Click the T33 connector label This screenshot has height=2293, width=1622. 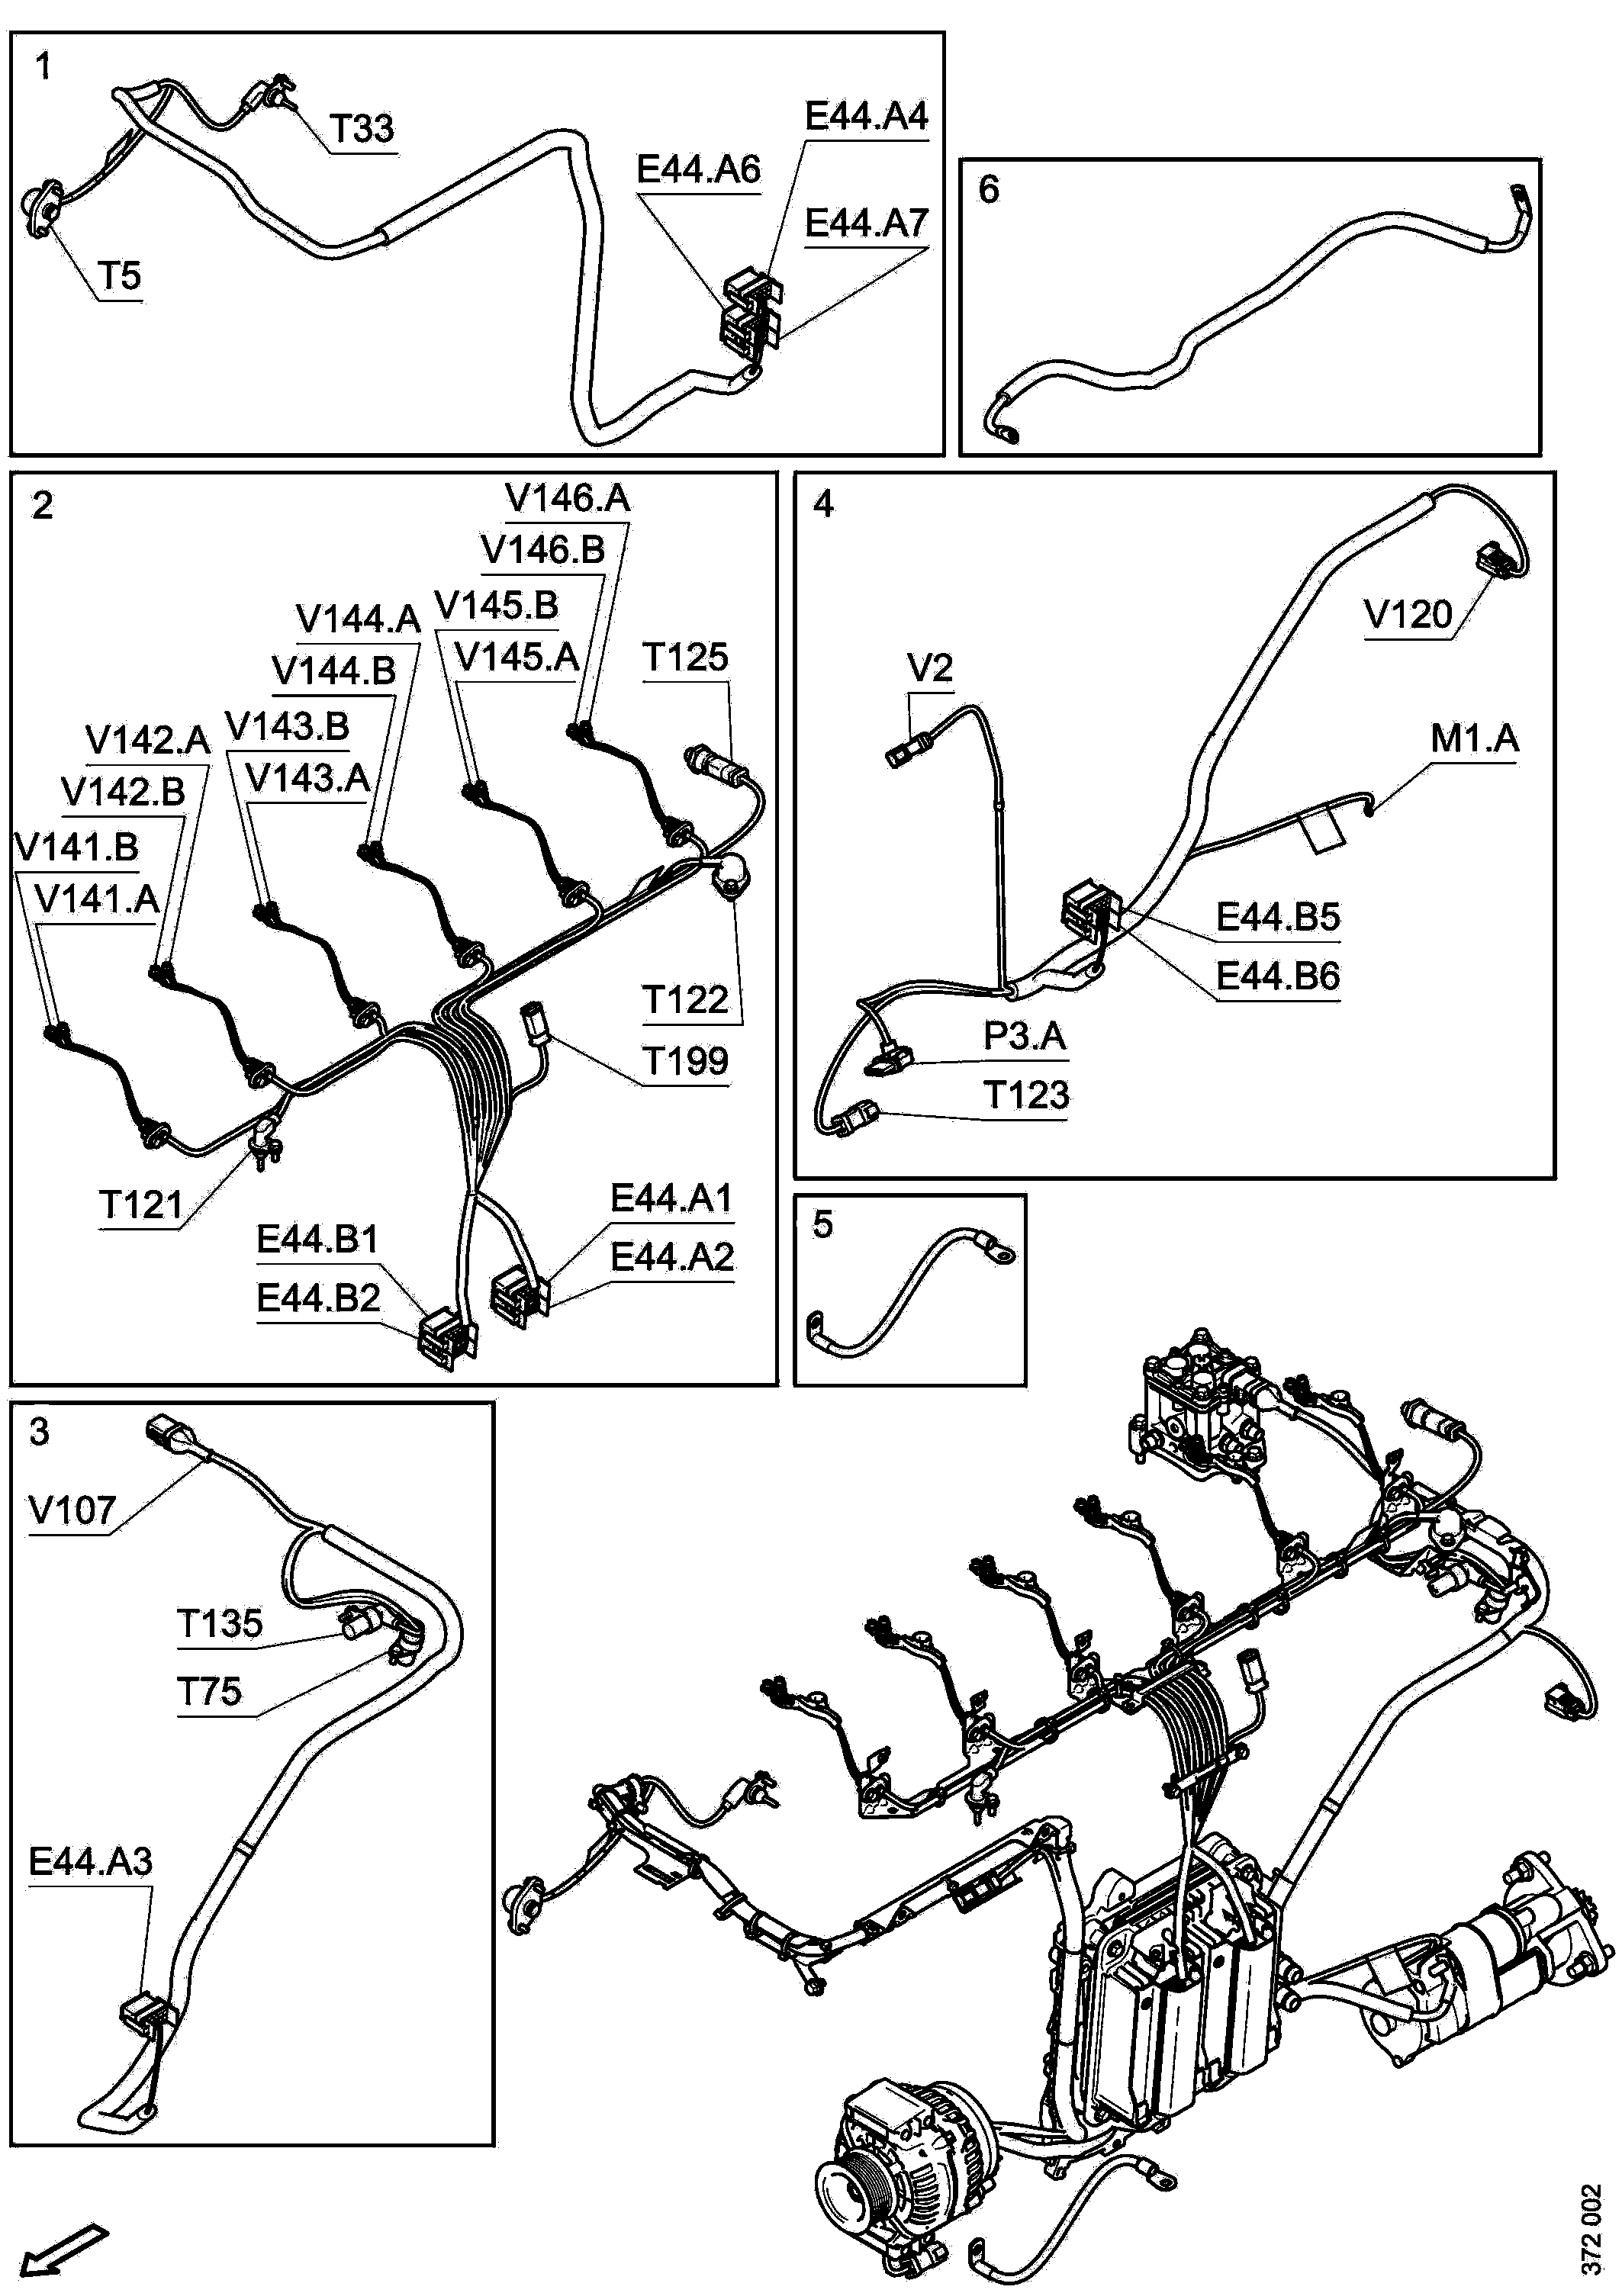pyautogui.click(x=362, y=129)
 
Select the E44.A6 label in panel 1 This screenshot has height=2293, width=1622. pyautogui.click(x=698, y=170)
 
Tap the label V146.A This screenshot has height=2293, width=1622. pyautogui.click(x=568, y=497)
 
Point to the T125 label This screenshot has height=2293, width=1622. pyautogui.click(x=685, y=657)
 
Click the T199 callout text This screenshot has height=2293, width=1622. pyautogui.click(x=685, y=1060)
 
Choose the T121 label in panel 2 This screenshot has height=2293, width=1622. pyautogui.click(x=141, y=1205)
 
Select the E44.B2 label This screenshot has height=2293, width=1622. pyautogui.click(x=317, y=1298)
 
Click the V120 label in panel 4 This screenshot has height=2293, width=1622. pyautogui.click(x=1408, y=615)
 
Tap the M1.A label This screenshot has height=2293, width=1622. pyautogui.click(x=1474, y=739)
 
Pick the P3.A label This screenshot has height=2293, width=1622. pyautogui.click(x=1025, y=1036)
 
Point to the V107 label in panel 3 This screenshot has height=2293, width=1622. pyautogui.click(x=72, y=1510)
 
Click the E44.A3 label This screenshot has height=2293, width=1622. pyautogui.click(x=90, y=1861)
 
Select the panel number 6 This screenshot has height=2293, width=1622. pyautogui.click(x=989, y=188)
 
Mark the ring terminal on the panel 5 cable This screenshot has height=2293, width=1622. pyautogui.click(x=999, y=1249)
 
